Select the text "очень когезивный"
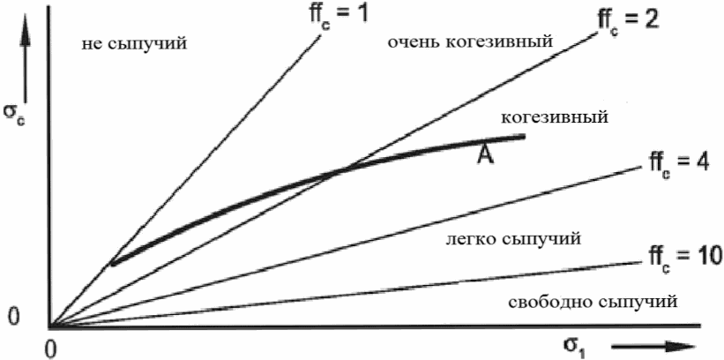[x=470, y=41]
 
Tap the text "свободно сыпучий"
[x=593, y=303]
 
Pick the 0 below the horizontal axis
[x=51, y=347]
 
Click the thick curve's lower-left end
[x=113, y=262]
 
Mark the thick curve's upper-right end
[x=524, y=136]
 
